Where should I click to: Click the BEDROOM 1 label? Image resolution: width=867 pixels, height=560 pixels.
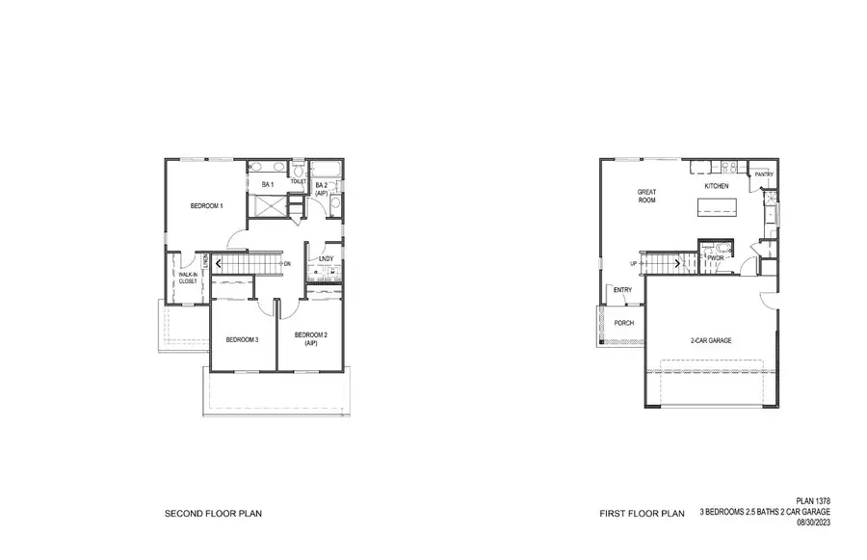pyautogui.click(x=206, y=205)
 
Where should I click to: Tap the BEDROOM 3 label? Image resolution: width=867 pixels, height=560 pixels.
pyautogui.click(x=242, y=339)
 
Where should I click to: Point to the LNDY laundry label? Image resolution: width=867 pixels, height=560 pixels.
pyautogui.click(x=326, y=258)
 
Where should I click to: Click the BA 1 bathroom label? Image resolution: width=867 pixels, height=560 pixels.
pyautogui.click(x=268, y=183)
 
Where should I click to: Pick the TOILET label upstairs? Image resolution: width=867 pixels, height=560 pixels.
pyautogui.click(x=298, y=181)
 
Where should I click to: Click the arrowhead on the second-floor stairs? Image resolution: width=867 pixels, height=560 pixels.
pyautogui.click(x=221, y=262)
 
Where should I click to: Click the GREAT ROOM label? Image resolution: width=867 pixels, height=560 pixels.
pyautogui.click(x=647, y=196)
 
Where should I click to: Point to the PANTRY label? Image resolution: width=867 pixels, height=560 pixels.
pyautogui.click(x=765, y=174)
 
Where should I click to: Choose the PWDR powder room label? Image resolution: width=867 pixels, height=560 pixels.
pyautogui.click(x=715, y=258)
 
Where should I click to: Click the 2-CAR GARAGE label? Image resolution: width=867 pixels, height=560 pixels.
pyautogui.click(x=711, y=341)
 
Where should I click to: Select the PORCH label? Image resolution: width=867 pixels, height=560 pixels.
pyautogui.click(x=624, y=323)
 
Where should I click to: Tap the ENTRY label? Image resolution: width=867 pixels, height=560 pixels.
pyautogui.click(x=622, y=290)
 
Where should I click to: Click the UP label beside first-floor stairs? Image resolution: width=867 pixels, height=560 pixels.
pyautogui.click(x=633, y=263)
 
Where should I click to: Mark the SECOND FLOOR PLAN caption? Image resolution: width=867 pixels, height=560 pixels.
pyautogui.click(x=213, y=514)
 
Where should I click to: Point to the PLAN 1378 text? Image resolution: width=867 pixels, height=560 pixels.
pyautogui.click(x=813, y=501)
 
